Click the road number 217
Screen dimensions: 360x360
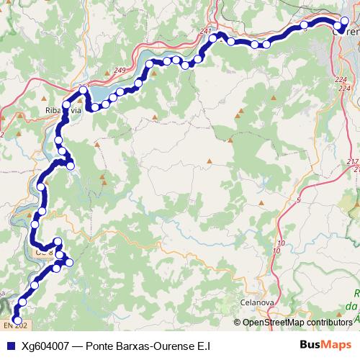pyautogui.click(x=352, y=161)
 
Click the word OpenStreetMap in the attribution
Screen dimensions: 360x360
pyautogui.click(x=274, y=323)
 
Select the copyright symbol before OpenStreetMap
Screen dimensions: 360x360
pyautogui.click(x=238, y=323)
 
